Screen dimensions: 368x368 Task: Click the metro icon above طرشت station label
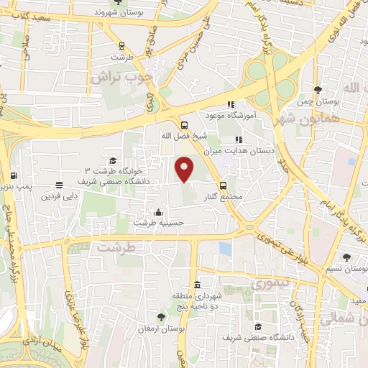[x=122, y=45]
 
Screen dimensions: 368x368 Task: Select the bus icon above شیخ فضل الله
[x=185, y=123]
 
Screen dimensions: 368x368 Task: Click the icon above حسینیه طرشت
[x=158, y=212]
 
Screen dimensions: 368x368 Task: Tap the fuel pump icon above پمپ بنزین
[x=14, y=175]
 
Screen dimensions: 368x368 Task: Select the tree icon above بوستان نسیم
[x=347, y=257]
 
